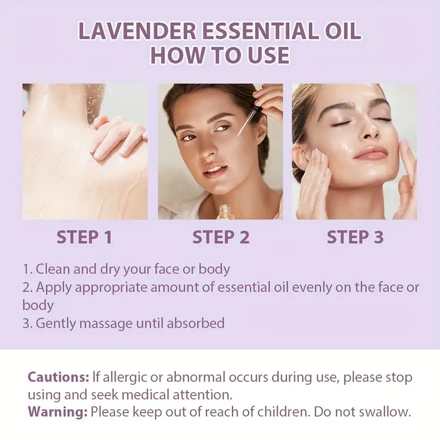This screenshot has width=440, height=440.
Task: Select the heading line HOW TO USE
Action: click(x=220, y=56)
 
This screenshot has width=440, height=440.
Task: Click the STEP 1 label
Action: click(x=85, y=237)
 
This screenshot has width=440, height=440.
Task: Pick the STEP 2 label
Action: click(x=221, y=237)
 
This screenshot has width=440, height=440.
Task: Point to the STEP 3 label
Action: click(x=355, y=237)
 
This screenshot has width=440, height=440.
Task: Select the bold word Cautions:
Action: click(x=58, y=378)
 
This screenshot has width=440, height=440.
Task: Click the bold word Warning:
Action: click(x=58, y=411)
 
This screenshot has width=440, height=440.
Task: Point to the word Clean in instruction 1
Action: click(x=54, y=269)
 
